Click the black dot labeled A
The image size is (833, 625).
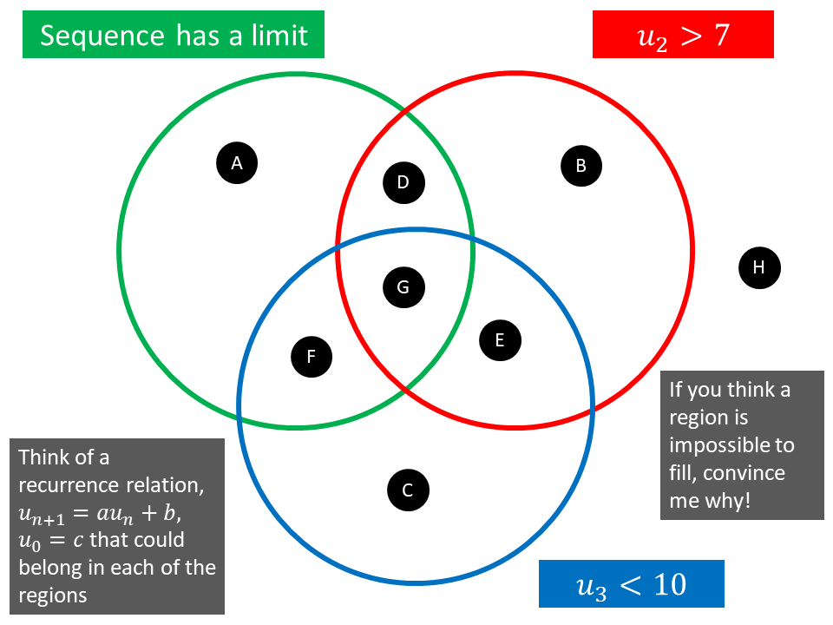[237, 161]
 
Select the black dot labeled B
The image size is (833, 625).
[581, 165]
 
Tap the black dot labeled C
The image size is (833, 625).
[408, 491]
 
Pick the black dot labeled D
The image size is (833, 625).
[403, 182]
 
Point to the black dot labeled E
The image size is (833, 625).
[500, 340]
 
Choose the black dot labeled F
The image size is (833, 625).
[312, 356]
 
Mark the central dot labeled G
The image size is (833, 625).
[403, 286]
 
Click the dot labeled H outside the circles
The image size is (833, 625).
[759, 267]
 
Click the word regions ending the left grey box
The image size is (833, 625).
[53, 595]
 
